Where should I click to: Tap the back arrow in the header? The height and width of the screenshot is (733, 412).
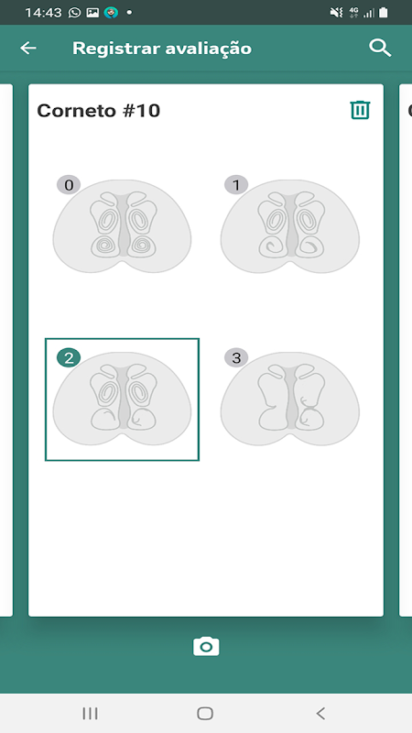coord(28,49)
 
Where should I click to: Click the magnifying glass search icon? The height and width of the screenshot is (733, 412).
coord(380,49)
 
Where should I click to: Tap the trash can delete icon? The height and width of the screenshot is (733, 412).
coord(360,110)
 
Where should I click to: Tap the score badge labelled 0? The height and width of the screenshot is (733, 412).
coord(69,185)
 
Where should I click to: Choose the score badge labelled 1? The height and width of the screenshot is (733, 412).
coord(236,185)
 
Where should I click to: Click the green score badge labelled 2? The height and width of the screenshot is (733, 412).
coord(69,358)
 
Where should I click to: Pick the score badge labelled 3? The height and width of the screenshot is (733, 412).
coord(236,358)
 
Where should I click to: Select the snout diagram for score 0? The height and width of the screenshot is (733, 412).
coord(122,226)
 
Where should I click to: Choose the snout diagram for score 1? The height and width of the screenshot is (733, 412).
coord(290,226)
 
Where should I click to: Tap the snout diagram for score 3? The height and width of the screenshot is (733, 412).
coord(290,399)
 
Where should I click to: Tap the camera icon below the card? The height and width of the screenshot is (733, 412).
coord(206,647)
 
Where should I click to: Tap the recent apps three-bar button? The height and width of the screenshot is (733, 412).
coord(90,713)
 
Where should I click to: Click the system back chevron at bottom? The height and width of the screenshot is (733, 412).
coord(320,713)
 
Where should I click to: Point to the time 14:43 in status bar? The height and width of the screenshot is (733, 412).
coord(43,13)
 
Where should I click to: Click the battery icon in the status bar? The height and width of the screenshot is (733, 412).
coord(383,13)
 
